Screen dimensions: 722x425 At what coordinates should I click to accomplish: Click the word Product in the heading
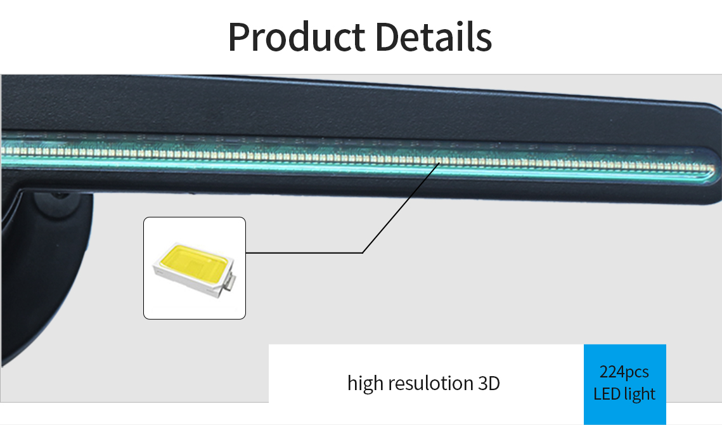coord(297,37)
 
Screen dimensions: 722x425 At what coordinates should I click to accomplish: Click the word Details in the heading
coord(434,36)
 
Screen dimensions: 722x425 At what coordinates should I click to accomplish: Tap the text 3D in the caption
coord(489,384)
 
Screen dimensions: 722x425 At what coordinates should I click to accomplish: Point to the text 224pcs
coord(624,372)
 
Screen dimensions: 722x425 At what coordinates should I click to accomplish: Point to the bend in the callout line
coord(363,252)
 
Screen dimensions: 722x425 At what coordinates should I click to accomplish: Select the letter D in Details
coord(388,37)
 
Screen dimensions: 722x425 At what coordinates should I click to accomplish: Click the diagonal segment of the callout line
coord(401,207)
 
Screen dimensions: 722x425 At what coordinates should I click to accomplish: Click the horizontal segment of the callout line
coord(304,252)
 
